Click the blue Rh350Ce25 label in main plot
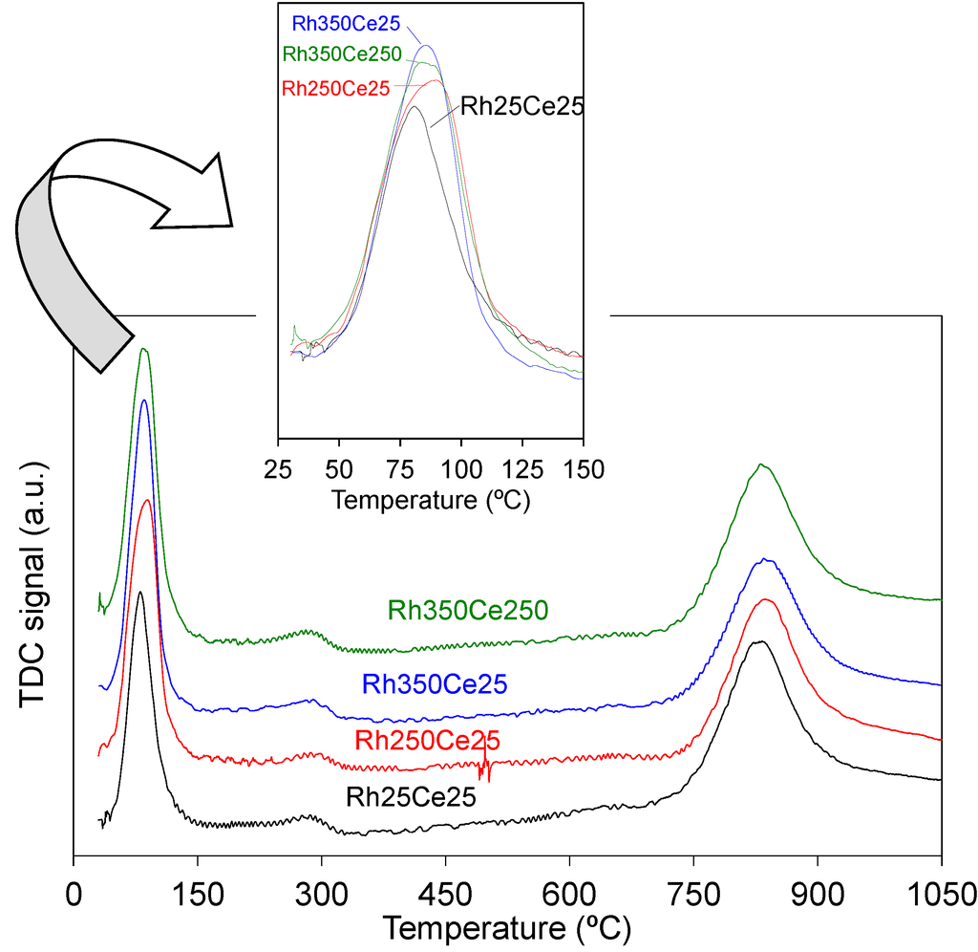434,684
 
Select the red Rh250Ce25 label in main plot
427,740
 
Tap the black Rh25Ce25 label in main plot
411,796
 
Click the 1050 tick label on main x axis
941,897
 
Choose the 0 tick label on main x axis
74,897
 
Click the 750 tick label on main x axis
693,897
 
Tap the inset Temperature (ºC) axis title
430,499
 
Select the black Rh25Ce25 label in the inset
521,106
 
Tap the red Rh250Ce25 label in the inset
336,88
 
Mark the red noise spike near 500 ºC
485,764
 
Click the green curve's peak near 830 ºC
761,465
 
